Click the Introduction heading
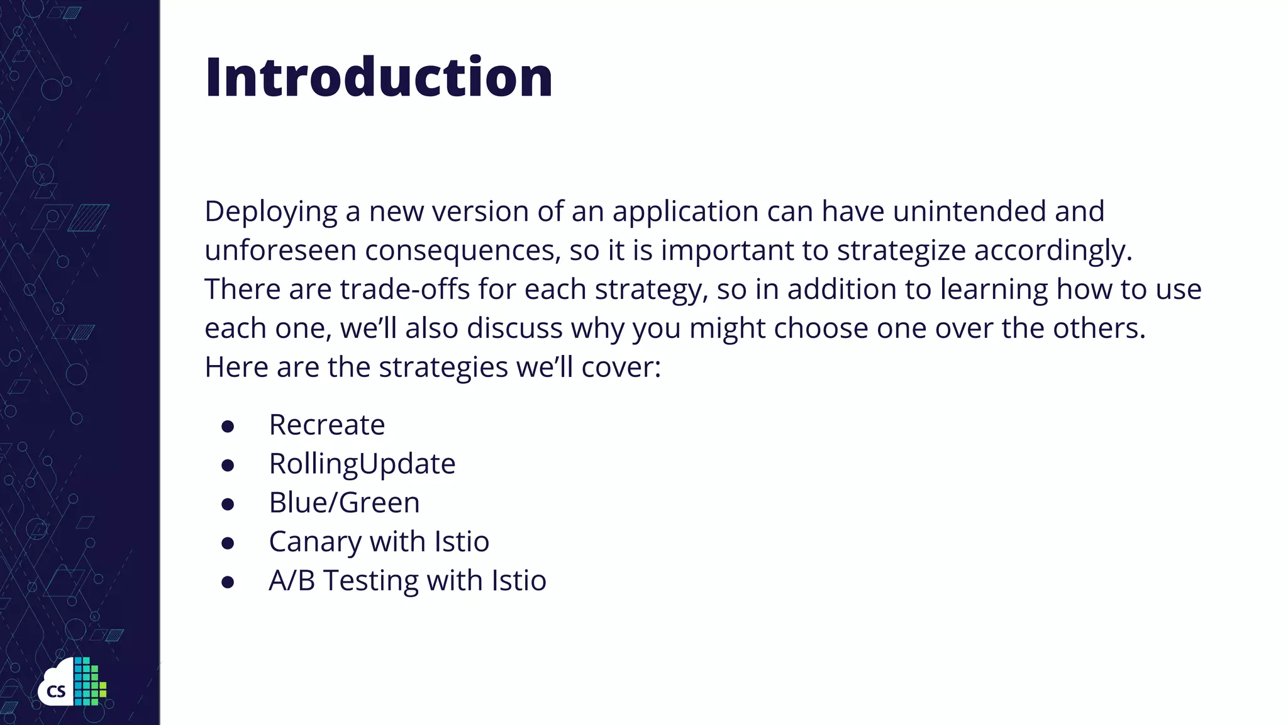(379, 77)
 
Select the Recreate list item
(326, 425)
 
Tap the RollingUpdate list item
(362, 464)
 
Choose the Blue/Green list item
(344, 503)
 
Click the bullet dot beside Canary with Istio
(228, 543)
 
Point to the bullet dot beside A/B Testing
(228, 582)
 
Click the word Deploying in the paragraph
(270, 212)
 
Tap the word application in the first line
(686, 212)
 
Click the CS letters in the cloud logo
(56, 692)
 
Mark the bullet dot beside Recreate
(228, 427)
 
